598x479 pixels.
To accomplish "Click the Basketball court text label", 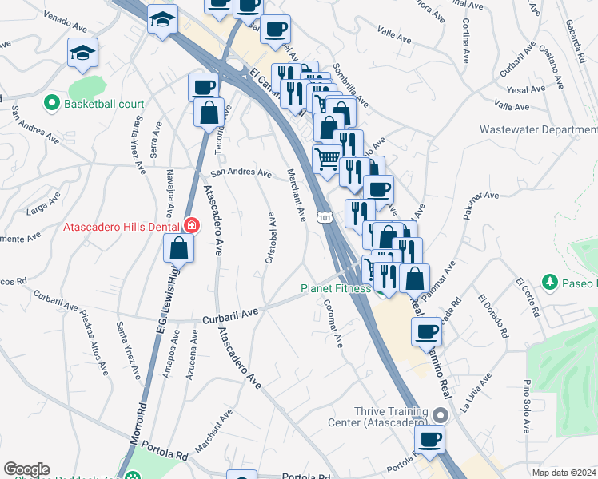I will click(x=104, y=104).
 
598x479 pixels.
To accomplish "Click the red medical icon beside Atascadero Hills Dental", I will click(x=191, y=226).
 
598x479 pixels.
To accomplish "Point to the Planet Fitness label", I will click(x=335, y=288).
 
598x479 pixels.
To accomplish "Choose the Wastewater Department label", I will click(x=538, y=129).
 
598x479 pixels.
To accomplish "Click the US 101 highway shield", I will click(x=323, y=217).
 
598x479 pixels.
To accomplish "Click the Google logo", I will click(x=26, y=469).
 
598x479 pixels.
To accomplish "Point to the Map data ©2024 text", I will click(x=564, y=472).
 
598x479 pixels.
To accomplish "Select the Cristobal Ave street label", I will click(x=271, y=238).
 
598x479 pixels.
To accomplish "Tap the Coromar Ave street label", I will click(x=333, y=323).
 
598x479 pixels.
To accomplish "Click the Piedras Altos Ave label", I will click(x=94, y=343).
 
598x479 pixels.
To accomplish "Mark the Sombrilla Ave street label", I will click(x=350, y=85).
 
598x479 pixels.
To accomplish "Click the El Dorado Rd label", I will click(x=493, y=318).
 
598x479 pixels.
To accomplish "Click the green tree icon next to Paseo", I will click(x=549, y=282).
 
